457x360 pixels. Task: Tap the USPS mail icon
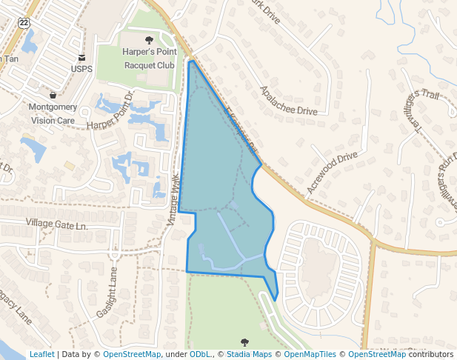(x=81, y=57)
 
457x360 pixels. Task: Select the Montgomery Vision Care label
(x=53, y=113)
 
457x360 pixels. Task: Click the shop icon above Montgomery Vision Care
(x=53, y=95)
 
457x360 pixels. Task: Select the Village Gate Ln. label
(x=56, y=224)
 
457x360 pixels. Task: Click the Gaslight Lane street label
(x=107, y=293)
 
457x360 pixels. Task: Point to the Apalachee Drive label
(x=288, y=100)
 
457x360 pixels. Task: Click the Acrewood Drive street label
(x=332, y=173)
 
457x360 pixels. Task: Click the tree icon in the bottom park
(x=244, y=341)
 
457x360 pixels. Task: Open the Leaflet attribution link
(x=41, y=355)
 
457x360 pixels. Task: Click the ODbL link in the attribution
(x=199, y=355)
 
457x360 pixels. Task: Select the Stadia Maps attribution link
(x=248, y=355)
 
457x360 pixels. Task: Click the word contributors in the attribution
(x=431, y=355)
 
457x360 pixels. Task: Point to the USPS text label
(x=81, y=69)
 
